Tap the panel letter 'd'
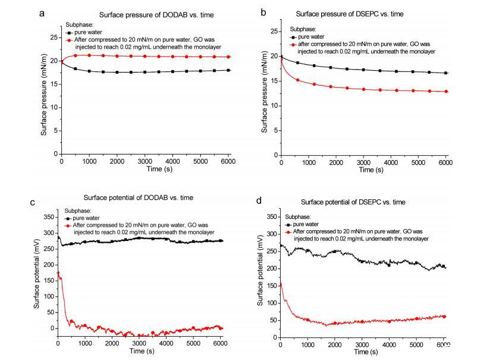point(258,202)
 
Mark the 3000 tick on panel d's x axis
point(362,345)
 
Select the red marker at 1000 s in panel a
point(89,55)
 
